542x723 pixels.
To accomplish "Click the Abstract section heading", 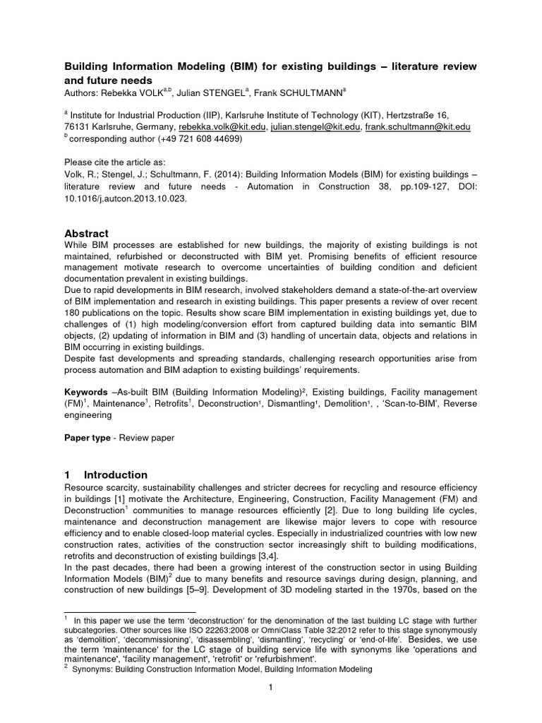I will coord(86,233).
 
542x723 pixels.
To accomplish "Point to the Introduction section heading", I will coord(116,474).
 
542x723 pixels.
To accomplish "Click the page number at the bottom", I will coord(270,688).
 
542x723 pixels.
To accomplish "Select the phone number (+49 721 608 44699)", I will coord(199,139).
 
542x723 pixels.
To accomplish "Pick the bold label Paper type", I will coord(87,438).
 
